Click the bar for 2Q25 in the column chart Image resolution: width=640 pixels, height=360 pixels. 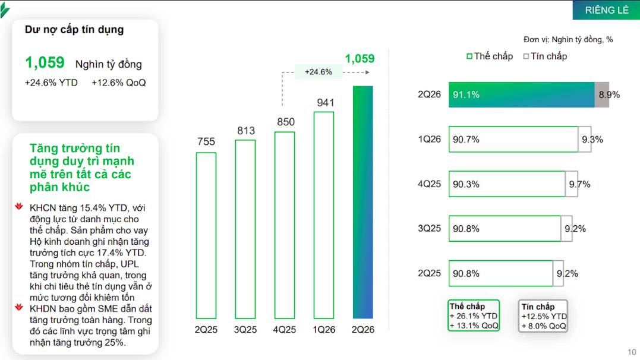pyautogui.click(x=206, y=235)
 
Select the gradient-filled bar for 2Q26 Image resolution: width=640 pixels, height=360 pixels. pyautogui.click(x=363, y=202)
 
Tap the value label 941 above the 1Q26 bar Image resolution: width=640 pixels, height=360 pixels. pyautogui.click(x=325, y=103)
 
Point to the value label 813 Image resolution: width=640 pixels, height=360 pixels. pyautogui.click(x=246, y=131)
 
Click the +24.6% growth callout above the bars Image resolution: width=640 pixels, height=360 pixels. pyautogui.click(x=319, y=72)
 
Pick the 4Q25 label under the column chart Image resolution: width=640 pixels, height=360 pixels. pyautogui.click(x=285, y=329)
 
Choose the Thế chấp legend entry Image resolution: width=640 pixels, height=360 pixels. pyautogui.click(x=490, y=56)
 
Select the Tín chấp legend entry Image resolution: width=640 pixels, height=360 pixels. pyautogui.click(x=546, y=56)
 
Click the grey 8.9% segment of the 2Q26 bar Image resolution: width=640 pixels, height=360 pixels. pyautogui.click(x=601, y=94)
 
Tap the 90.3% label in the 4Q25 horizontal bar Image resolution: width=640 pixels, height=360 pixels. pyautogui.click(x=466, y=184)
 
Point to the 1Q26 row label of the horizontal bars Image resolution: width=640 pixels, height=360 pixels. pyautogui.click(x=430, y=139)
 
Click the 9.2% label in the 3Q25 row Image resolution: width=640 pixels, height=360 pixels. pyautogui.click(x=575, y=229)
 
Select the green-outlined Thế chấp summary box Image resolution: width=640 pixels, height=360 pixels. pyautogui.click(x=474, y=315)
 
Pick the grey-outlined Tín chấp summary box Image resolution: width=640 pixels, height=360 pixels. pyautogui.click(x=543, y=316)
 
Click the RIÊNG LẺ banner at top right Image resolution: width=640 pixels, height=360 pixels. pyautogui.click(x=607, y=10)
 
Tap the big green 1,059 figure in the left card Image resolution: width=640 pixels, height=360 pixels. pyautogui.click(x=45, y=62)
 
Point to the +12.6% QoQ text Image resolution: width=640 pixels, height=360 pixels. pyautogui.click(x=119, y=83)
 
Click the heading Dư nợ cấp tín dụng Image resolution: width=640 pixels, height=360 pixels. pyautogui.click(x=74, y=30)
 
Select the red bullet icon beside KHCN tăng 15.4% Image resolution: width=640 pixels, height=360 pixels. pyautogui.click(x=19, y=206)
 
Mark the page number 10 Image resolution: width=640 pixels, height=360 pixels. pyautogui.click(x=632, y=352)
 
